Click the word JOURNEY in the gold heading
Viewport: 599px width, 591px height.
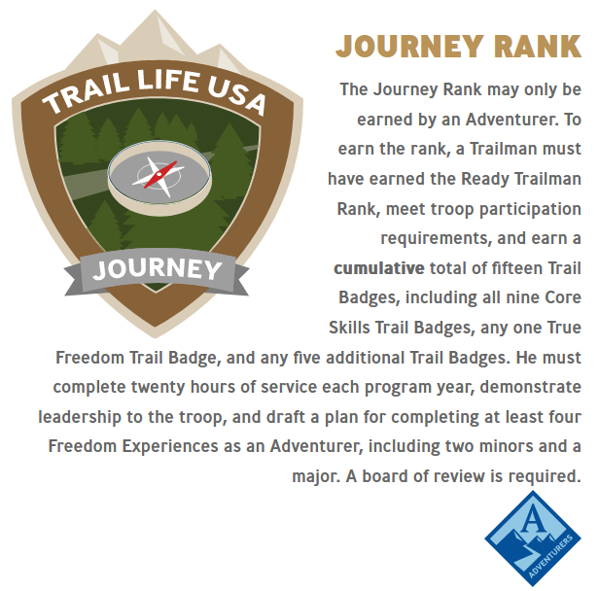(x=410, y=47)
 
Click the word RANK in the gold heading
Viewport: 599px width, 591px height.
(x=538, y=47)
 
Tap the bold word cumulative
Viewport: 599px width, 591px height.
(x=379, y=268)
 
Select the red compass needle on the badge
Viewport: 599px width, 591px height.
(x=160, y=174)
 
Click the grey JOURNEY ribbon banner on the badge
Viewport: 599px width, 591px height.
(x=157, y=272)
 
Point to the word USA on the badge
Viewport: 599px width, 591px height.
(x=236, y=96)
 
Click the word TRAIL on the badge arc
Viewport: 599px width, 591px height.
(x=87, y=94)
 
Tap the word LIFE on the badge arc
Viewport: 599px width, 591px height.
(x=168, y=80)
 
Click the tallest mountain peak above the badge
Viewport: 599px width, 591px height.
(x=156, y=16)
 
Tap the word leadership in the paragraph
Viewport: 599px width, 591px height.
(x=80, y=417)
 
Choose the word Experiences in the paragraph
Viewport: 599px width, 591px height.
(x=170, y=447)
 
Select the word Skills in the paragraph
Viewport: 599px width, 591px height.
(x=349, y=328)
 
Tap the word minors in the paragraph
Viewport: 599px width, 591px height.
(x=506, y=447)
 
